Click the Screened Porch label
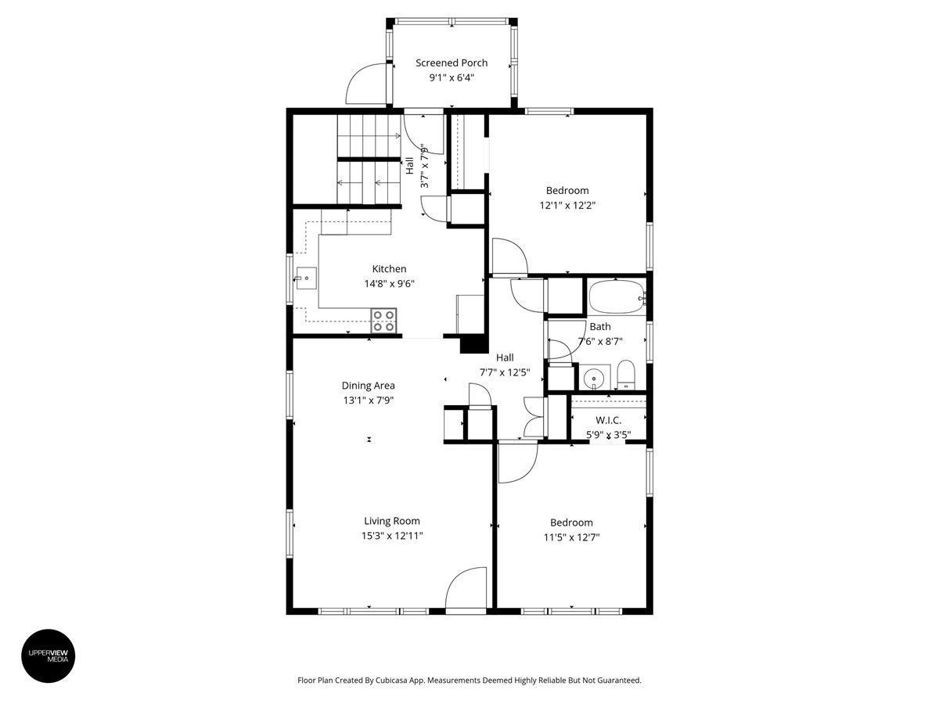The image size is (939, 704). point(452,63)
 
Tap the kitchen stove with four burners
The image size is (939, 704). point(383,321)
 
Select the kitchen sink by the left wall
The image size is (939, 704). point(306,277)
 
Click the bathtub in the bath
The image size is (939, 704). point(616,298)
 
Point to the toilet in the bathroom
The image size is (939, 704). point(626,375)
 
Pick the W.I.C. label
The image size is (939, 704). point(608,420)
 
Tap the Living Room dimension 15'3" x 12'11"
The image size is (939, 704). point(392,536)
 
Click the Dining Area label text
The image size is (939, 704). point(368,385)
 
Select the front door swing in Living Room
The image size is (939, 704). point(467,587)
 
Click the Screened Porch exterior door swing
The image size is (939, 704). point(366,84)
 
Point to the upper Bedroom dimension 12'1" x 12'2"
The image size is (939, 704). point(567,205)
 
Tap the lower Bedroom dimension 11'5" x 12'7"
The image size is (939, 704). point(571,537)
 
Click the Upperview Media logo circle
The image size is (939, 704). point(49,656)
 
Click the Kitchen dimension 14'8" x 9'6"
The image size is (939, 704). point(389,284)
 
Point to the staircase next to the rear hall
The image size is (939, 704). point(368,160)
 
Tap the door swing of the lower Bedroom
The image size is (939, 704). point(516,462)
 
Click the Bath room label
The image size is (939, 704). point(600,326)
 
